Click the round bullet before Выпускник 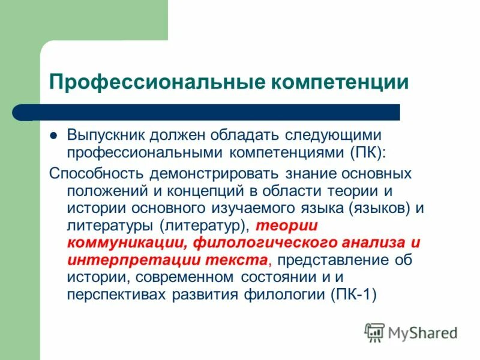(x=53, y=136)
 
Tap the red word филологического (x=253, y=243)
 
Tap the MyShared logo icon (x=374, y=331)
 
